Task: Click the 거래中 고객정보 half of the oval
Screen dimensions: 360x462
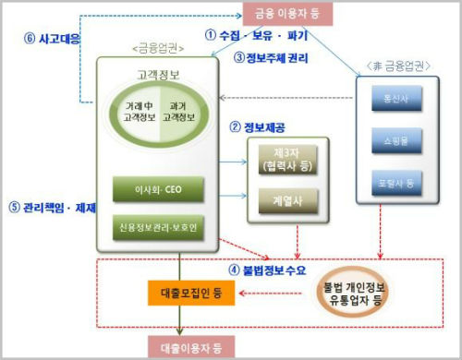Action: (x=139, y=113)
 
